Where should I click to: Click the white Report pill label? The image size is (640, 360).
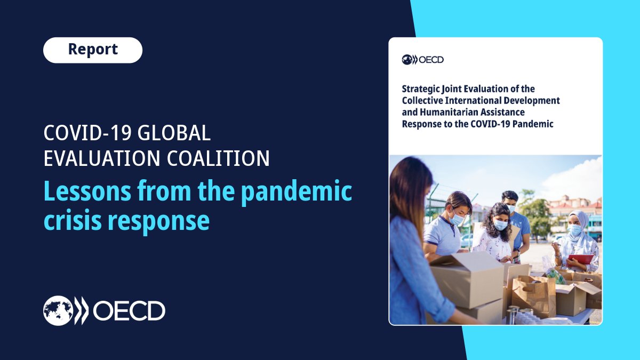93,50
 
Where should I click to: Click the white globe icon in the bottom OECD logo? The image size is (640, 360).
58,310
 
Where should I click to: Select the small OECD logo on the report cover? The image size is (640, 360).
422,60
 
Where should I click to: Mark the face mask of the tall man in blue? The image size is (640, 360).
510,208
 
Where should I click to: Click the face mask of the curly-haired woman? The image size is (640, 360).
500,225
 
